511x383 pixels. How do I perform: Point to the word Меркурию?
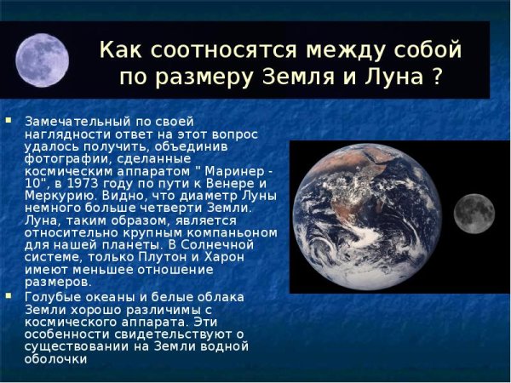[57, 195]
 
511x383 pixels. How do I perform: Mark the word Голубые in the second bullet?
[50, 296]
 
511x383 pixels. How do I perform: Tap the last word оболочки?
[56, 358]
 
